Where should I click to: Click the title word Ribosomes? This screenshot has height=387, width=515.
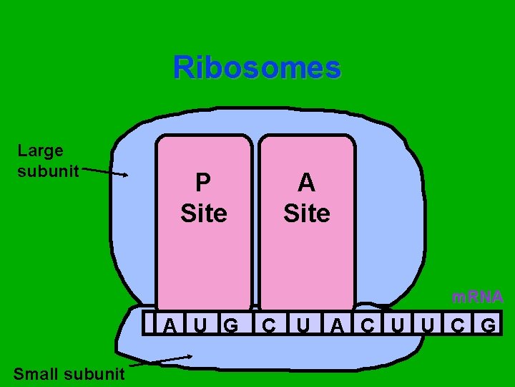click(x=257, y=68)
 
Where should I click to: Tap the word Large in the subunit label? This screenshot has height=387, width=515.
click(x=40, y=150)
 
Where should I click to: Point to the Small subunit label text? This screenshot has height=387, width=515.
click(x=69, y=373)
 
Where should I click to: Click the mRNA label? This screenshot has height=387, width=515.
click(x=477, y=297)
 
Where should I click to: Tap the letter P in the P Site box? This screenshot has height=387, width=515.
click(x=203, y=183)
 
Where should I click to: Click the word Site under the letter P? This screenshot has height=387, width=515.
click(x=204, y=214)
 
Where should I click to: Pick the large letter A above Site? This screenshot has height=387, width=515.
click(x=307, y=183)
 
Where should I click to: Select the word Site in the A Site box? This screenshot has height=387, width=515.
click(x=307, y=214)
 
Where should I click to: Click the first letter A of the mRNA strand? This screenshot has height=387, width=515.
click(x=170, y=327)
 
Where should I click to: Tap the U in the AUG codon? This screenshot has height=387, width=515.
click(x=201, y=327)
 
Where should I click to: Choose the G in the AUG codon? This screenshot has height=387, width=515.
click(x=231, y=327)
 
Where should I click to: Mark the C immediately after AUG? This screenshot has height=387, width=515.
click(x=269, y=327)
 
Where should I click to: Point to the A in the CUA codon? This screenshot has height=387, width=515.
click(x=337, y=327)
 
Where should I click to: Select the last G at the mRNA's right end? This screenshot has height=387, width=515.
click(x=489, y=327)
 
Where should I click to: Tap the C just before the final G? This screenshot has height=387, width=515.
click(x=457, y=327)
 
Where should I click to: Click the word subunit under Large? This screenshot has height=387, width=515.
click(x=48, y=172)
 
